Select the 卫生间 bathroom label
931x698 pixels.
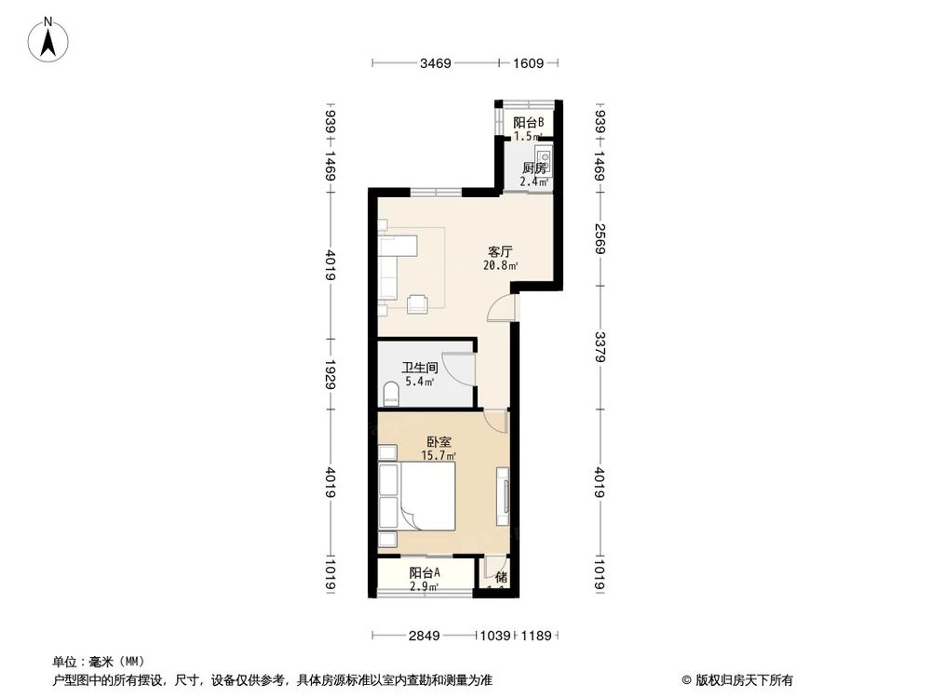[419, 368]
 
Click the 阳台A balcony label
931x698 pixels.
[425, 573]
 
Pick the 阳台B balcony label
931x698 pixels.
[528, 122]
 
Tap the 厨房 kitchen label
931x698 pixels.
[533, 168]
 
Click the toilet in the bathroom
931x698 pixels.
[391, 393]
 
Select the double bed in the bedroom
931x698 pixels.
[425, 497]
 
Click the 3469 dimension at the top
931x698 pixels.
[435, 63]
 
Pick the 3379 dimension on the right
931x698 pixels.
[600, 345]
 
